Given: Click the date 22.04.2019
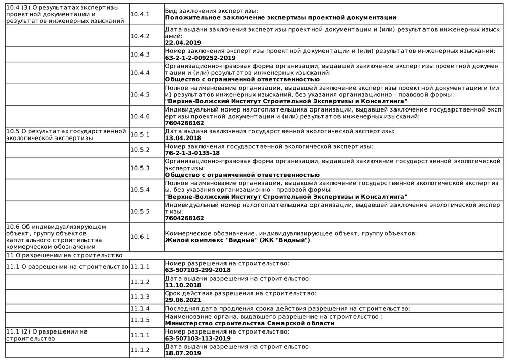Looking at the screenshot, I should pos(180,43).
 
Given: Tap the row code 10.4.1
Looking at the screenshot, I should pos(139,14).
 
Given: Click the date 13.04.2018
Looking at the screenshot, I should pos(180,138).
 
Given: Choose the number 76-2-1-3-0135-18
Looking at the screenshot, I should pos(193,153).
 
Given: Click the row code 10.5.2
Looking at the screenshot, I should pos(139,149).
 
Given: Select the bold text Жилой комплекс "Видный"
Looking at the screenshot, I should pos(238,240).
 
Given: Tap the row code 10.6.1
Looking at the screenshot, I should pos(139,236).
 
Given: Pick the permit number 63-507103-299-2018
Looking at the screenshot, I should pos(198,269).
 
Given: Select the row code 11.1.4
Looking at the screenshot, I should pos(139,308).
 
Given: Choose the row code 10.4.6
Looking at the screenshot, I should pos(139,116).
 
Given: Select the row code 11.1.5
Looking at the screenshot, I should pos(139,319).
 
